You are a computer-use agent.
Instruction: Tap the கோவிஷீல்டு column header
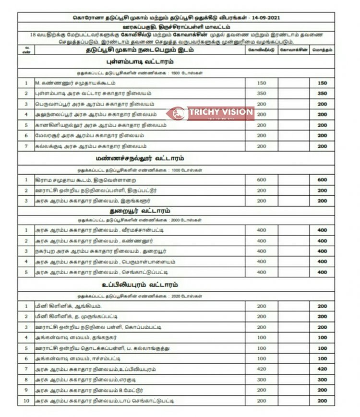(261, 50)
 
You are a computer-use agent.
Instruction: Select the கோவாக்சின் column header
(293, 50)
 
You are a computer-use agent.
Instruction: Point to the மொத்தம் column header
(322, 50)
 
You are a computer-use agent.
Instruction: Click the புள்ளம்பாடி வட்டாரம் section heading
(139, 62)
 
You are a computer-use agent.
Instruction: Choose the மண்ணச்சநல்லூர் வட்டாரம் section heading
(139, 158)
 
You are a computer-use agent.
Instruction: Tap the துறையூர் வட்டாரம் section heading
(139, 211)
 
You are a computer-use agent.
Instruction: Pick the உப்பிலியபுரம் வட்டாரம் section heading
(139, 285)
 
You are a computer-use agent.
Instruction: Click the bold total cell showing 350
(322, 94)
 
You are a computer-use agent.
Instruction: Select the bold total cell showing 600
(322, 180)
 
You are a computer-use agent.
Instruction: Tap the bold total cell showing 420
(322, 369)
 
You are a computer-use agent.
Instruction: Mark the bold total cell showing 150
(322, 83)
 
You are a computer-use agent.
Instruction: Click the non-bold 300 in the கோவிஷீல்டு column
(261, 380)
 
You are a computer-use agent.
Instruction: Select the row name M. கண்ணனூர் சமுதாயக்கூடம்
(75, 83)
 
